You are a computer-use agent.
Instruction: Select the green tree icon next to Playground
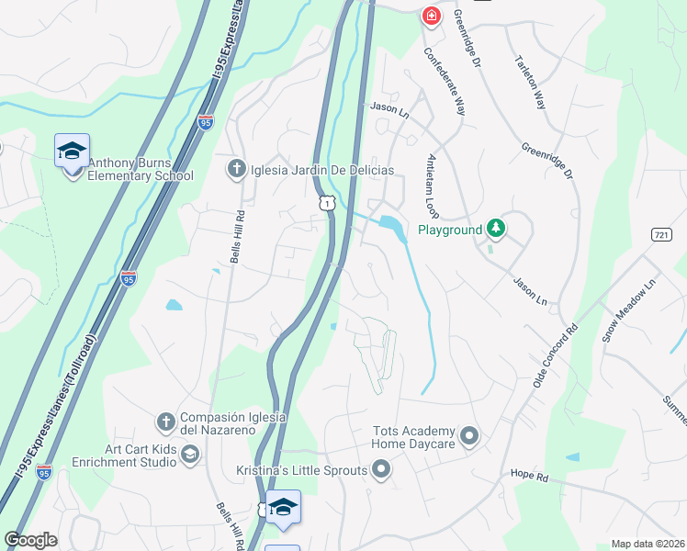coord(496,227)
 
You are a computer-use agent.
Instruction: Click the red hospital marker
coord(430,16)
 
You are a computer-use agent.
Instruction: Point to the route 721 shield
coord(661,235)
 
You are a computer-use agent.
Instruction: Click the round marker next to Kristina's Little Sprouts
coord(381,471)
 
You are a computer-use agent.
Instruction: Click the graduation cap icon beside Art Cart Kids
coord(189,455)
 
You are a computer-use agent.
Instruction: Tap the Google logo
coord(30,539)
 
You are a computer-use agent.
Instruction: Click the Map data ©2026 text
coord(648,544)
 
